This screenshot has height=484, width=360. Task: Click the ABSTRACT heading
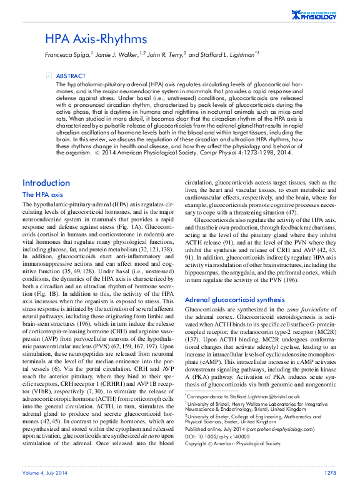tap(75, 75)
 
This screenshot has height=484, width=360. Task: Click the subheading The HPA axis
tap(43, 195)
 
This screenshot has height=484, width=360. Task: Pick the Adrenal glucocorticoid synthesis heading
tap(235, 300)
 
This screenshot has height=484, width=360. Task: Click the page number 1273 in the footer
tap(330, 472)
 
